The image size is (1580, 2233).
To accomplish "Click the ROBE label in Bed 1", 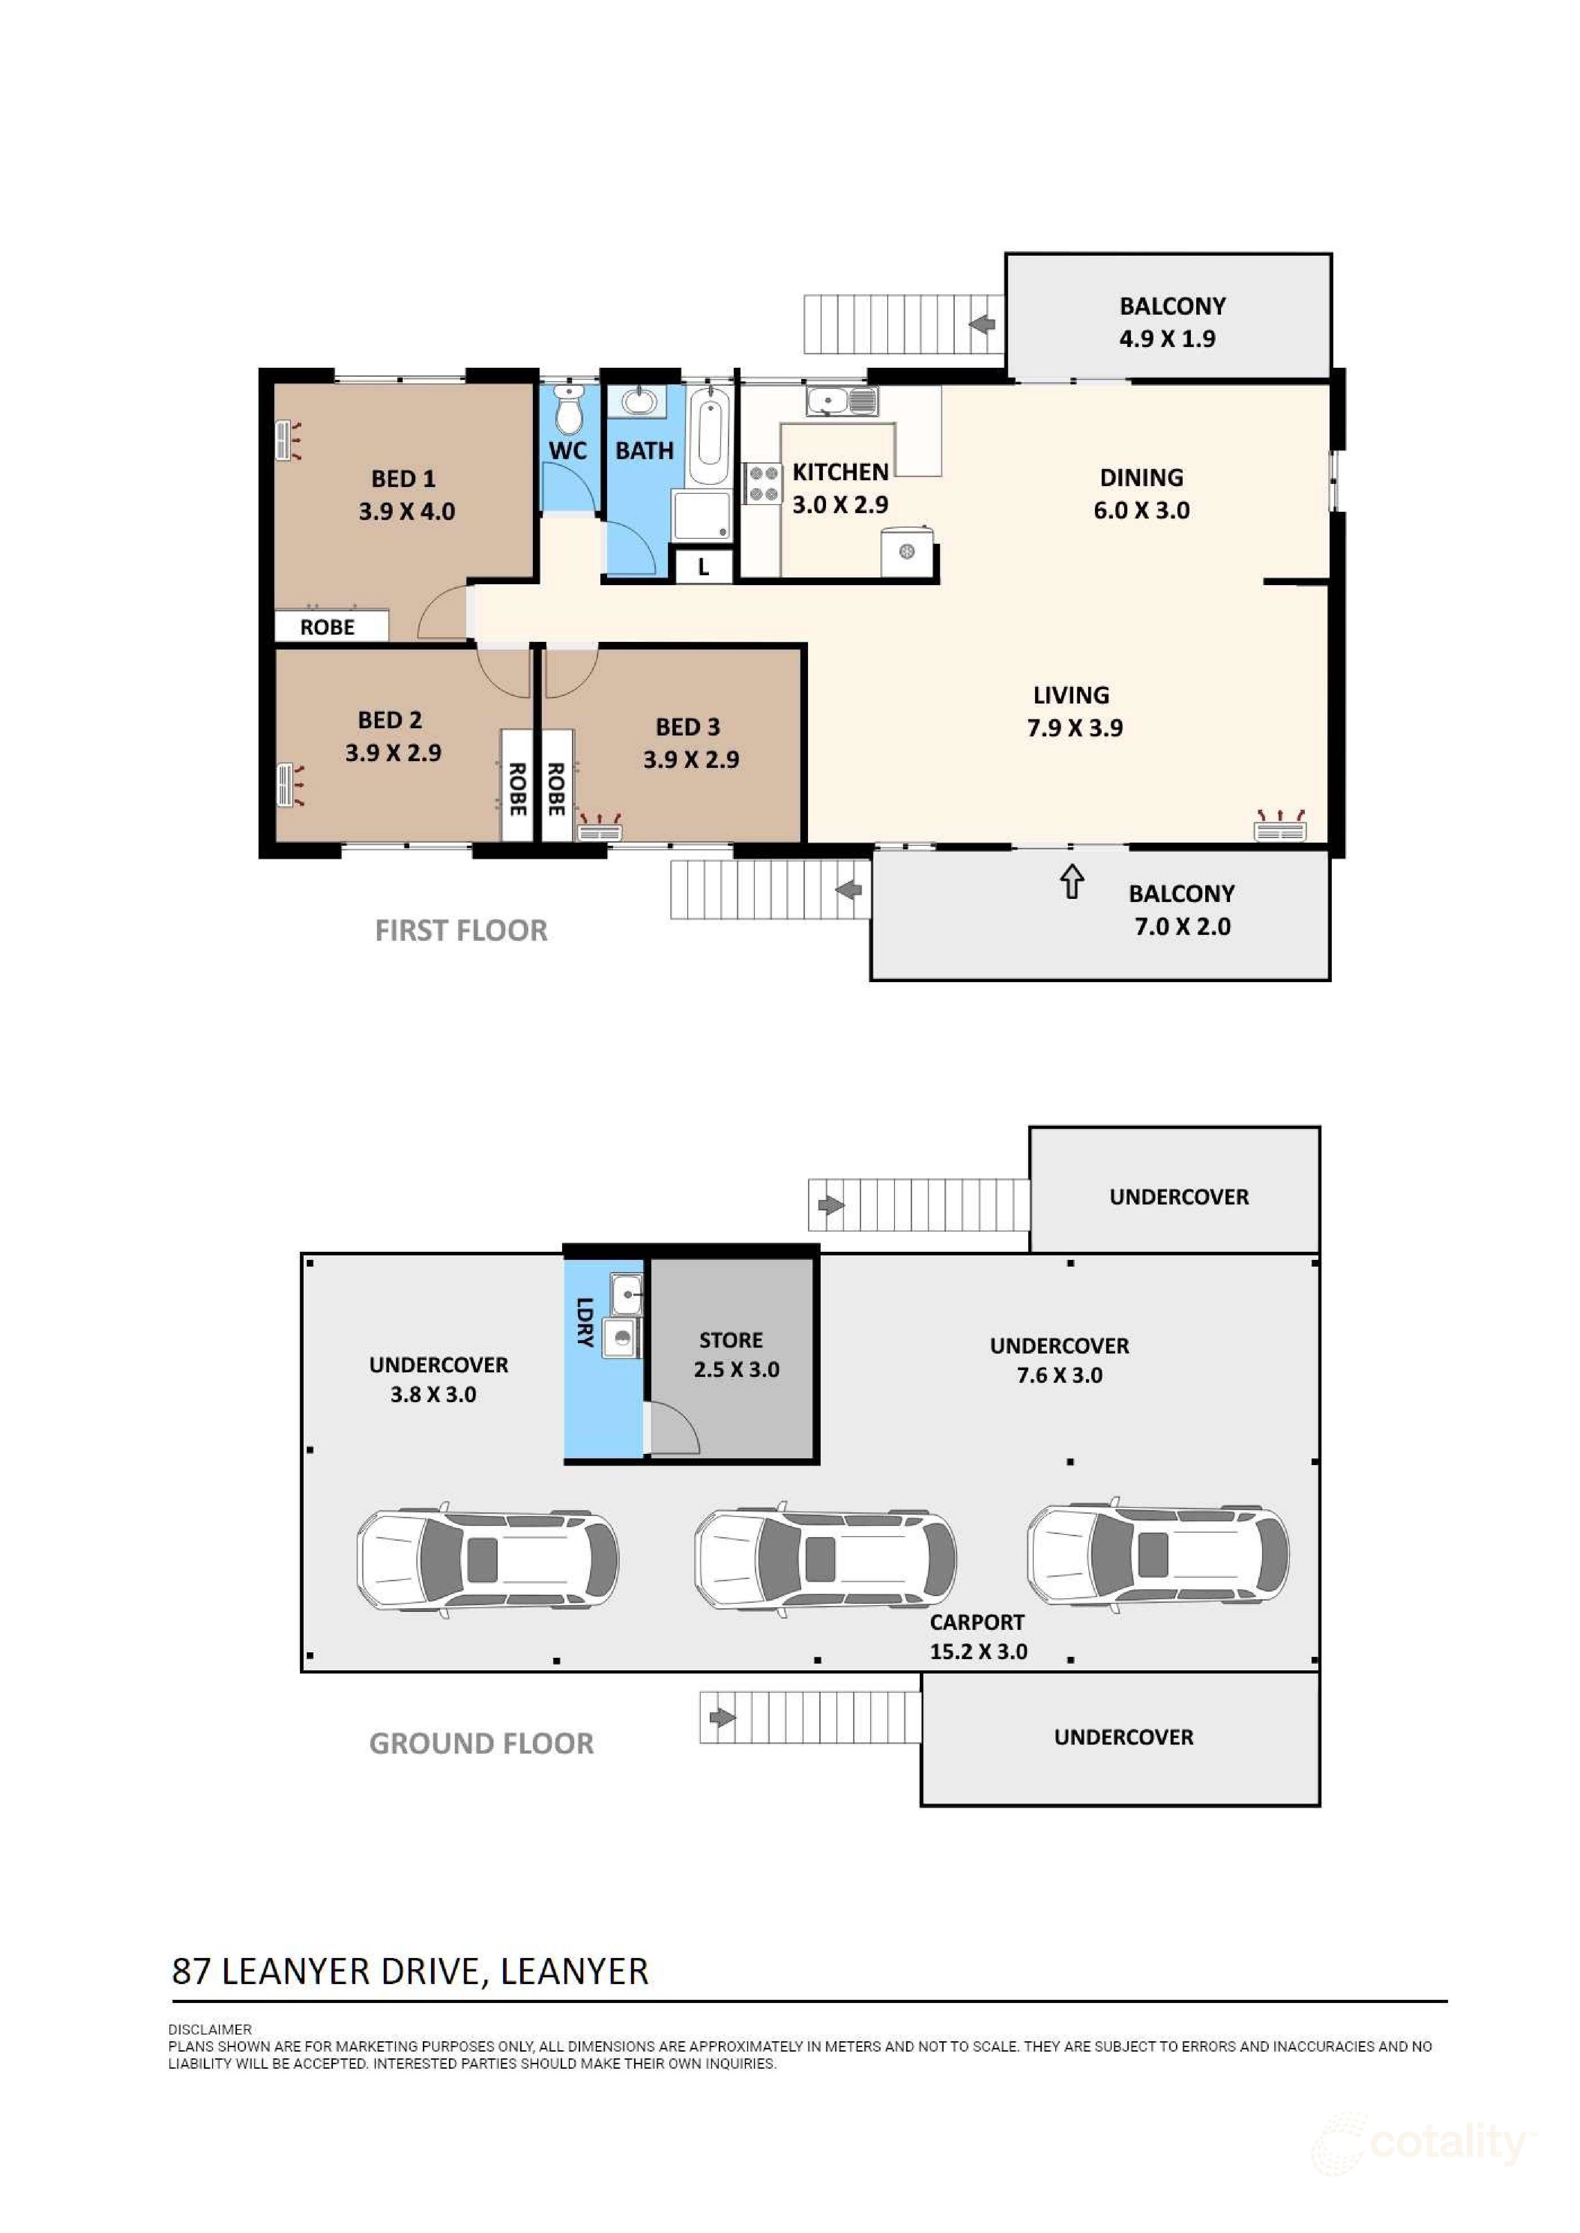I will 327,627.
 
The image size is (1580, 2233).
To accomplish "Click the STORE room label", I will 731,1340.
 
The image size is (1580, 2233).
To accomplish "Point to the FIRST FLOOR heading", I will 461,931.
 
